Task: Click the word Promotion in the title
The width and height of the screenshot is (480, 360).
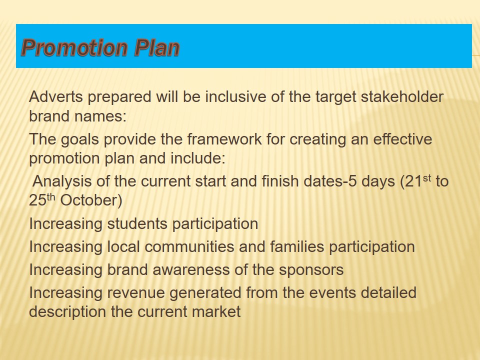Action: pos(74,48)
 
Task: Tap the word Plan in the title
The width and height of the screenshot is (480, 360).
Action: pos(156,48)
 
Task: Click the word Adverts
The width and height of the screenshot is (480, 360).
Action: pos(56,96)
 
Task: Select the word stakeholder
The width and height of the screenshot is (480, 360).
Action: pos(402,96)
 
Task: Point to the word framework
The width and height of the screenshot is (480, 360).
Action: pos(224,139)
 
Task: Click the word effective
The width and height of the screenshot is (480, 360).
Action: pos(402,139)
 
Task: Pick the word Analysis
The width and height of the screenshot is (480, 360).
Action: pos(62,181)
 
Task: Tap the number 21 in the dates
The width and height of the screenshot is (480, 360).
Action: pos(413,181)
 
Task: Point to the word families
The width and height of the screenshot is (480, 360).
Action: pos(297,246)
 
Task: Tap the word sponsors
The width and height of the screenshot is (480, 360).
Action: pos(311,270)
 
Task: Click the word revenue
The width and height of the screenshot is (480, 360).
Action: pos(136,293)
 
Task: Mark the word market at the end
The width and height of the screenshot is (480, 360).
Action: pos(216,312)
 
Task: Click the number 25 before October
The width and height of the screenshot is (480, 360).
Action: pos(37,200)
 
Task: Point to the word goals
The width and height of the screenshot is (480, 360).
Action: pos(80,139)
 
